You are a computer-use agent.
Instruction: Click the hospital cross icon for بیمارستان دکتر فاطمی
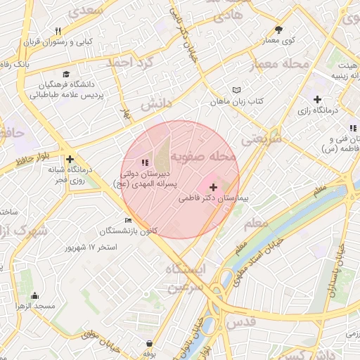pyautogui.click(x=213, y=187)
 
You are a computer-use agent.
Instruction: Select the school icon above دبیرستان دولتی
pyautogui.click(x=146, y=162)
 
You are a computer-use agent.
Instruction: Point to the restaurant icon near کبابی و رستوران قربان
pyautogui.click(x=58, y=31)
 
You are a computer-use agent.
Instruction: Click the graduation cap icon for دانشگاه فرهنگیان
pyautogui.click(x=66, y=75)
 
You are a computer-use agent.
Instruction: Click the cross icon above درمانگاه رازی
pyautogui.click(x=317, y=98)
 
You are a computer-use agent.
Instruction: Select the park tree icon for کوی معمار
pyautogui.click(x=279, y=30)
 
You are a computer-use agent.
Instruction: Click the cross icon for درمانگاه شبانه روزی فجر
pyautogui.click(x=70, y=160)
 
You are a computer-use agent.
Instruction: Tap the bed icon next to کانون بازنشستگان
pyautogui.click(x=128, y=221)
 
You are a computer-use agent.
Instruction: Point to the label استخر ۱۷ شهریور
pyautogui.click(x=91, y=247)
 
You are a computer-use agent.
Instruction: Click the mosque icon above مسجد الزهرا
pyautogui.click(x=34, y=295)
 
